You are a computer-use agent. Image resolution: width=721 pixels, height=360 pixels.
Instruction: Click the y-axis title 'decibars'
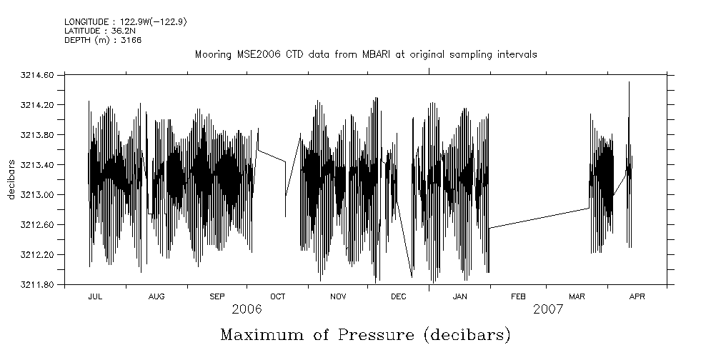point(11,179)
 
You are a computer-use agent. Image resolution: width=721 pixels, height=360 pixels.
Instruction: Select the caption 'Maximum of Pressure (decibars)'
point(365,334)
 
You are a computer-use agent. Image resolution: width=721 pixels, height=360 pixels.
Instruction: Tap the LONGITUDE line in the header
point(125,22)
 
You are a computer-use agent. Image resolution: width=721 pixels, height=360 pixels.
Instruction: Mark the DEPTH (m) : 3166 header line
point(103,40)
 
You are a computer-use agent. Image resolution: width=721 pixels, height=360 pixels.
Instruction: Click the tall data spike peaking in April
point(629,93)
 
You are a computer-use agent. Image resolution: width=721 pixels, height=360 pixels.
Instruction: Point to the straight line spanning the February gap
point(539,218)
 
